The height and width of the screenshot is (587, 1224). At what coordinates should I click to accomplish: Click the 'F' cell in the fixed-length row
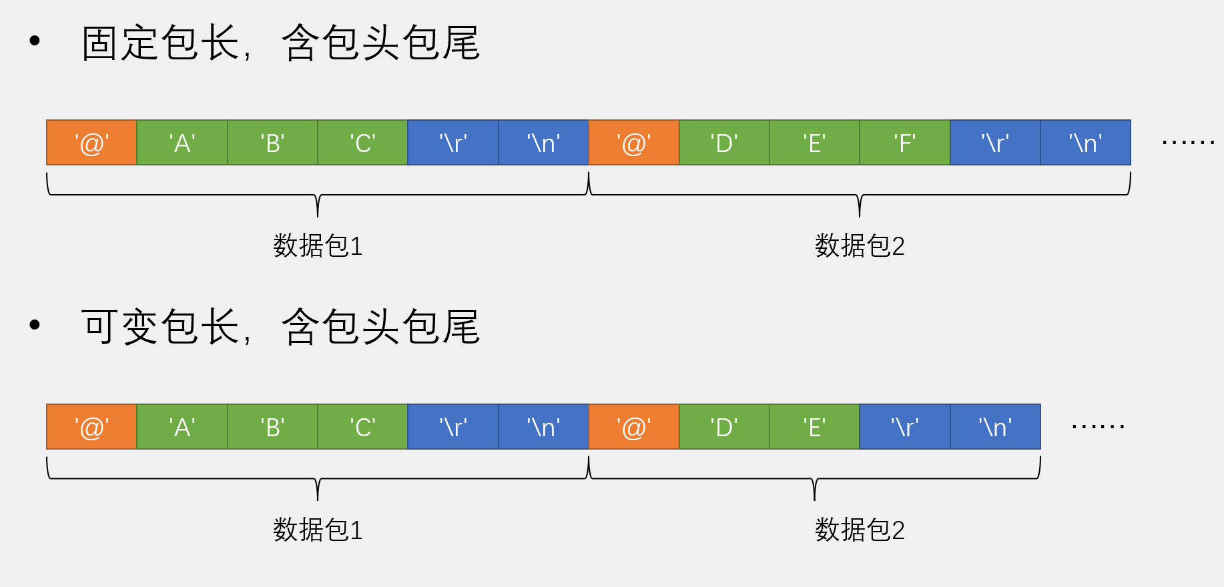tap(904, 143)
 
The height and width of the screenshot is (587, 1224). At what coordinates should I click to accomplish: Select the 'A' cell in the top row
tap(182, 143)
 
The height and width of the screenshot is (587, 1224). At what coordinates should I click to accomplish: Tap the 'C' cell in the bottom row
tap(362, 427)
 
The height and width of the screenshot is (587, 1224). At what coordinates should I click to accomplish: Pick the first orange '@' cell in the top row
tap(91, 143)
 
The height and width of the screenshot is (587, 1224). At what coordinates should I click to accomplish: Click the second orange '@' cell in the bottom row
tap(633, 427)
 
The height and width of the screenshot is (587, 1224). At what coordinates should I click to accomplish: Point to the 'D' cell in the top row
tap(724, 143)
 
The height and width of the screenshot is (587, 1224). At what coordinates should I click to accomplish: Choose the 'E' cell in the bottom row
tap(814, 427)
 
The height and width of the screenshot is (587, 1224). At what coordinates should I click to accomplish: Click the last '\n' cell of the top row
tap(1085, 143)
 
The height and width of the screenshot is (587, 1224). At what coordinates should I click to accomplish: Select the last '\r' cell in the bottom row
tap(904, 427)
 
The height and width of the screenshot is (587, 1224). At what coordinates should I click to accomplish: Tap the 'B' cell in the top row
tap(272, 143)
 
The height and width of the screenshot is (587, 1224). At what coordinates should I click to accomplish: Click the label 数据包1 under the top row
tap(318, 246)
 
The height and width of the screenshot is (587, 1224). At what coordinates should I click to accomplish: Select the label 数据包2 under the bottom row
tap(860, 530)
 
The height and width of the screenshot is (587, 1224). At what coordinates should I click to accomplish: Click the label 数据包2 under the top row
tap(860, 246)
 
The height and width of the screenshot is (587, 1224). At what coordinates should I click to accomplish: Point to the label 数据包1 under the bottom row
tap(318, 530)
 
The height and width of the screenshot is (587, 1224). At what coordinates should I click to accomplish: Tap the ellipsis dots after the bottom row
tap(1098, 426)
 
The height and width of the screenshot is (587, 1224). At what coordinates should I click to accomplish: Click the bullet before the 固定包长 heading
tap(35, 41)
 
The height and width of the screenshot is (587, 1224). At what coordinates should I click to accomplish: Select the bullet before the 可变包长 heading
tap(35, 326)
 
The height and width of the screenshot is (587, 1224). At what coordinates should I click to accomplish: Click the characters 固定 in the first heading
tap(120, 43)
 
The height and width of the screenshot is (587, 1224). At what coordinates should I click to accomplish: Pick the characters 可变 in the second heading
tap(120, 327)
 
